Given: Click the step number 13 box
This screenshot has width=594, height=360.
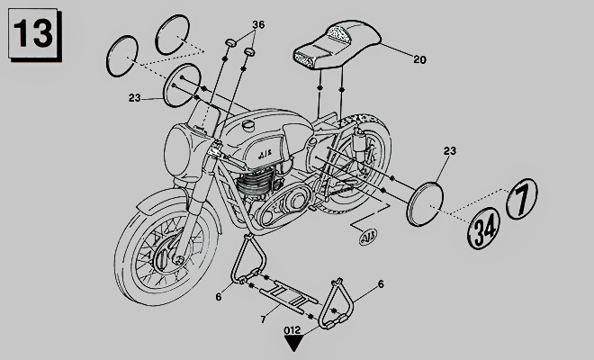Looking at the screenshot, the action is click(x=34, y=34).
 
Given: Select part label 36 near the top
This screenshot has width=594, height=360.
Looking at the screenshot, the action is click(x=258, y=24).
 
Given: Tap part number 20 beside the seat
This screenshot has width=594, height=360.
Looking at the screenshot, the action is click(x=419, y=59).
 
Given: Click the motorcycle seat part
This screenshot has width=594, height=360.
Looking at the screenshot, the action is click(x=337, y=45).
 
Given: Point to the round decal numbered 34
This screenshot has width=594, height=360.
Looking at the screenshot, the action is click(x=484, y=228).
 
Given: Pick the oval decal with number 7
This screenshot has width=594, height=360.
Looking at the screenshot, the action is click(x=522, y=198).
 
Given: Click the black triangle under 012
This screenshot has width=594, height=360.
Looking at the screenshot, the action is click(x=292, y=343).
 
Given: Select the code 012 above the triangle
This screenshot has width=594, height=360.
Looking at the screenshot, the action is click(x=292, y=330).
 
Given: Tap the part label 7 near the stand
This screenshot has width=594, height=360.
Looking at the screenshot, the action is click(x=263, y=319).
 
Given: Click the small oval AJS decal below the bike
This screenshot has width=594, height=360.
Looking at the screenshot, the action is click(x=368, y=237).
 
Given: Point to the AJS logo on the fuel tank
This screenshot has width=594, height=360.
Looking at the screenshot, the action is click(x=265, y=154).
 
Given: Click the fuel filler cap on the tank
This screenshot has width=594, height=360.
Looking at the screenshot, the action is click(x=249, y=125).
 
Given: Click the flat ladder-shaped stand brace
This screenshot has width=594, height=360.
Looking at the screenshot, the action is click(x=289, y=296).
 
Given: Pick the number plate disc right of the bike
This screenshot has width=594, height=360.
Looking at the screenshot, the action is click(x=424, y=204).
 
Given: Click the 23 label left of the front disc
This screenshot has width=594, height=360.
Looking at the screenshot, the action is click(x=134, y=98).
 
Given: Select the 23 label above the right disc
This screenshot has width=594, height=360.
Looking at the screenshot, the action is click(x=450, y=151).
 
